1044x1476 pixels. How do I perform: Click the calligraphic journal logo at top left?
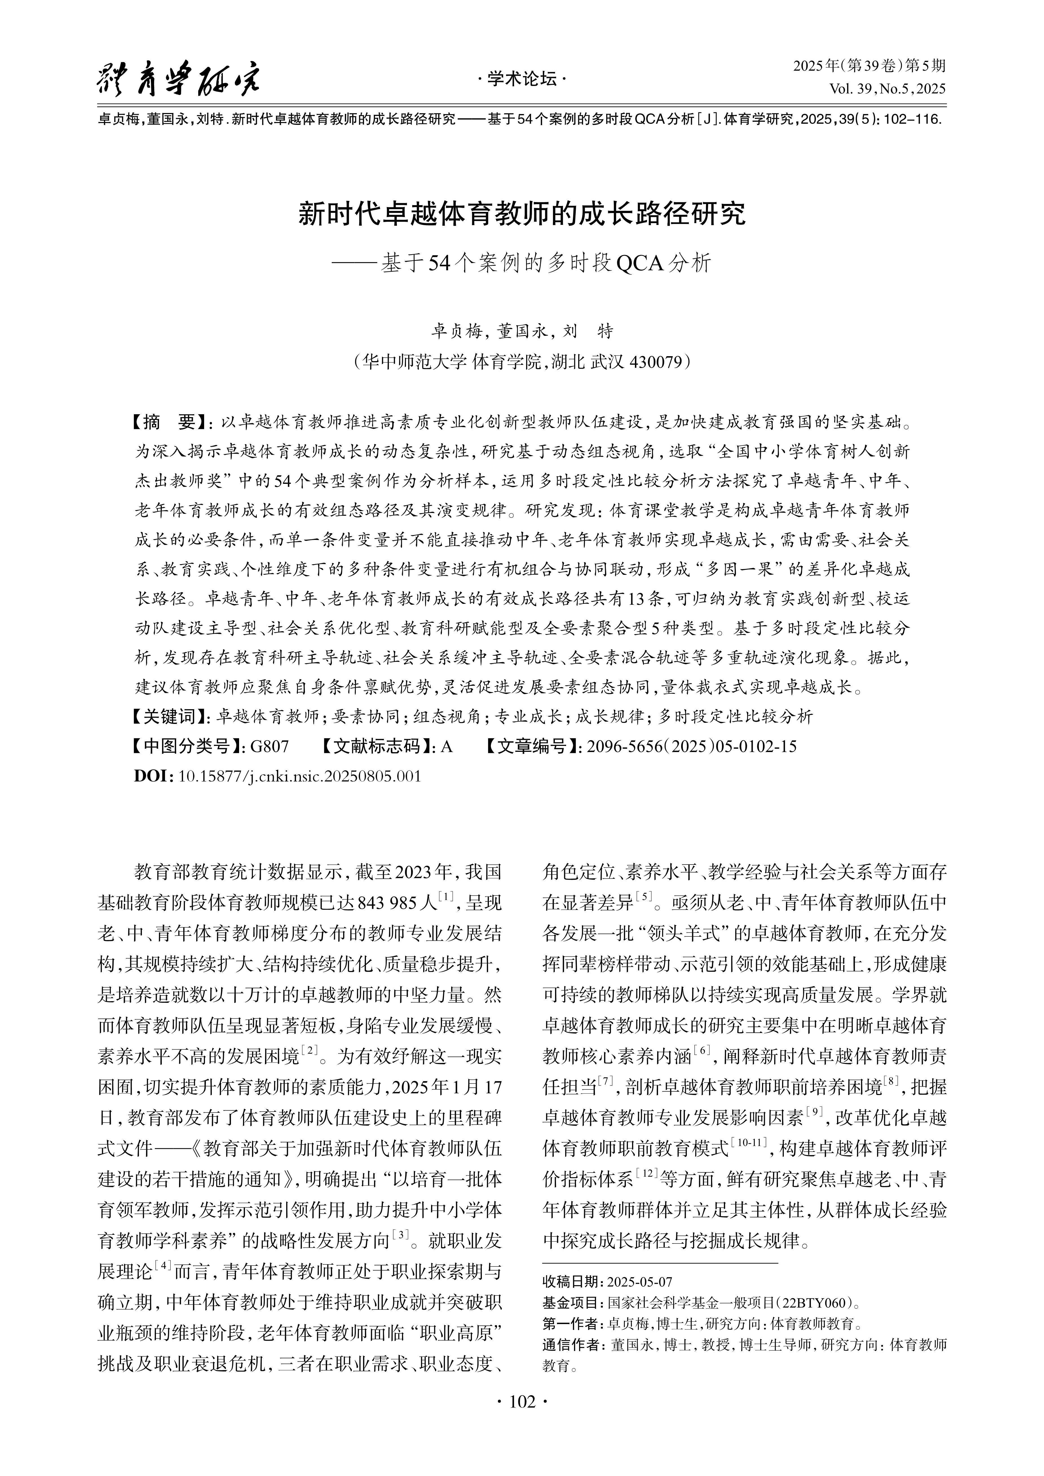point(179,80)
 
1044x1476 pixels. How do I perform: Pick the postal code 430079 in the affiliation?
point(655,362)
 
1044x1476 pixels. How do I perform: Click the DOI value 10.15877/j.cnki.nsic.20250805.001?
point(299,776)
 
